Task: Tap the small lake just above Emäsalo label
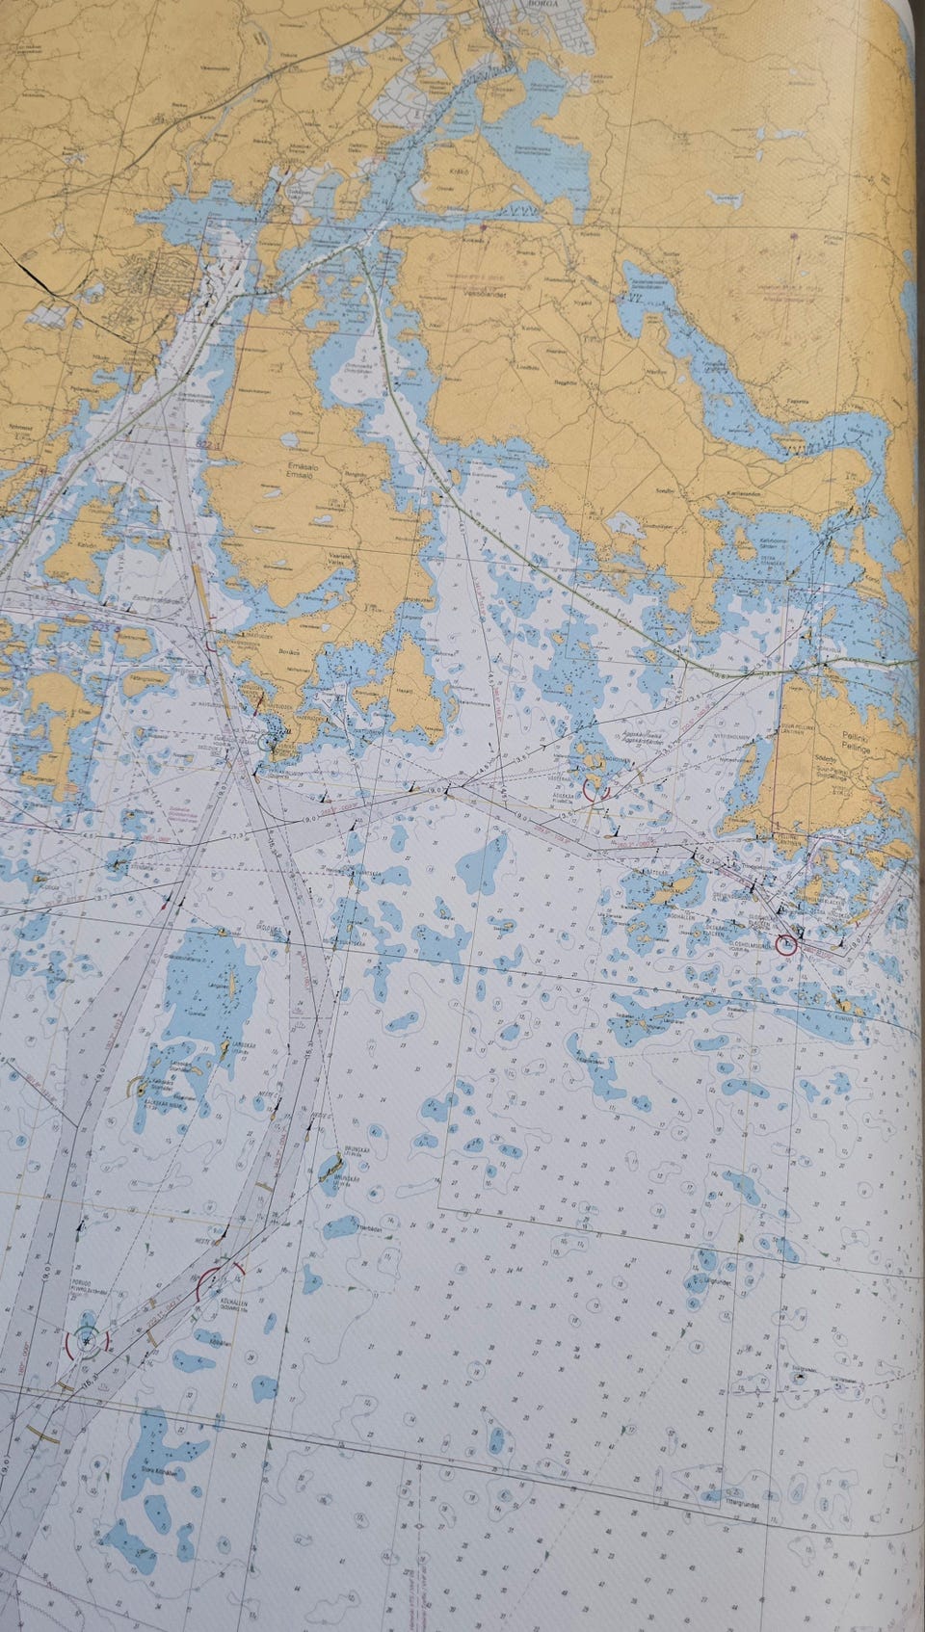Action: click(x=290, y=440)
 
